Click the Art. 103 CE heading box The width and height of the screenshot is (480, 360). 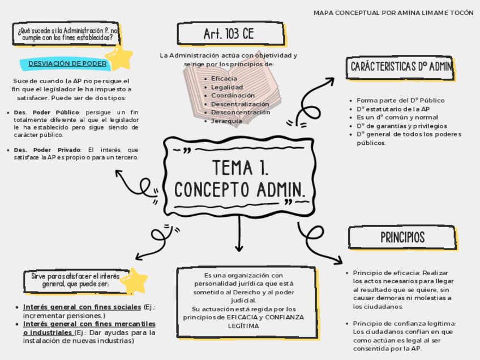tap(229, 34)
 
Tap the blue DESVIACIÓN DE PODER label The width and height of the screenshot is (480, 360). tap(67, 63)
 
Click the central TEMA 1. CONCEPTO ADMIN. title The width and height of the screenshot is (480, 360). tap(239, 179)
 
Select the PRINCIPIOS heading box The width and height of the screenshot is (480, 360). tap(402, 237)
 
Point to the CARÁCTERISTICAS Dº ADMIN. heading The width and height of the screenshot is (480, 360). tap(401, 67)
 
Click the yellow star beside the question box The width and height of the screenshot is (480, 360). tap(119, 57)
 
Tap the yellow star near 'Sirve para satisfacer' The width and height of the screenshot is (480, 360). tap(134, 281)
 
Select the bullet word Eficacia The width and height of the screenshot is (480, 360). tap(224, 79)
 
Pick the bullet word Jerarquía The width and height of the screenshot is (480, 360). tap(226, 121)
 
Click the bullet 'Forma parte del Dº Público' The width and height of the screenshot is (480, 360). tap(400, 100)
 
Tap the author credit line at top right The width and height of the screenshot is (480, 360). tap(393, 12)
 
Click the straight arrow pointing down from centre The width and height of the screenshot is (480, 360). tap(239, 238)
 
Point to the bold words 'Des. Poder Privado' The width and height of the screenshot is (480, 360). tap(47, 149)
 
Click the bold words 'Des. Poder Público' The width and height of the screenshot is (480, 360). tap(46, 112)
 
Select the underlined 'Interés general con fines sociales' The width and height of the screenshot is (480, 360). tap(82, 307)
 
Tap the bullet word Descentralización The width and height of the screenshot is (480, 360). tap(240, 104)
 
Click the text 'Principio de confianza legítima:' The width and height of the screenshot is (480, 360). tap(404, 323)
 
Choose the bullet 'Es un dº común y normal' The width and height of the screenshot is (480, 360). tap(397, 117)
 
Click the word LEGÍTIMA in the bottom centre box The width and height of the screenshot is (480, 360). tap(243, 326)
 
